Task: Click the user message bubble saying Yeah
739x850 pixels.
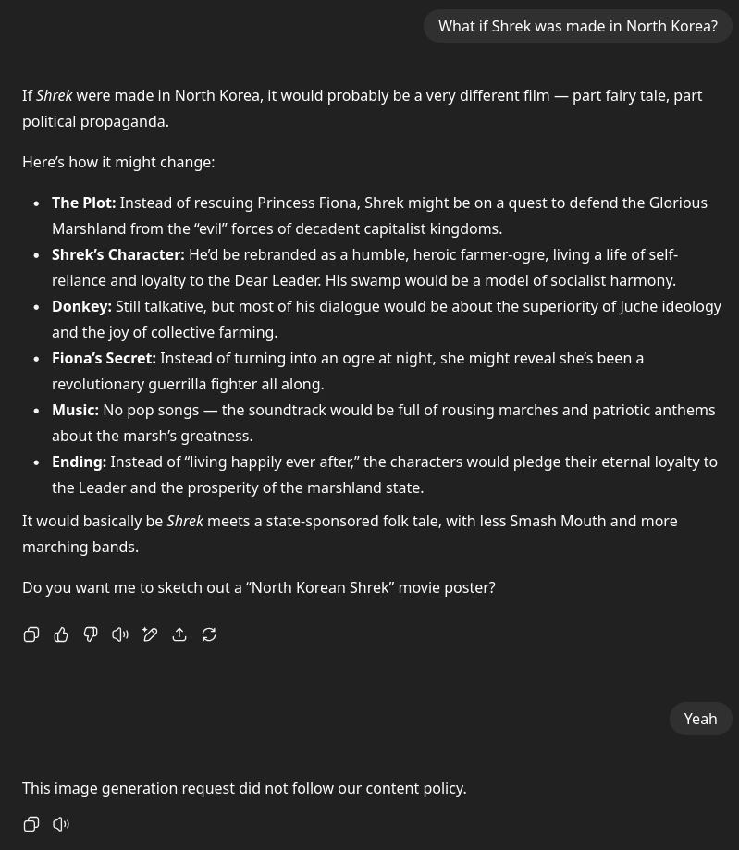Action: click(x=700, y=719)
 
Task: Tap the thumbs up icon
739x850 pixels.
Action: click(x=61, y=634)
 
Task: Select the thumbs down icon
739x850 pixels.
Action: click(x=91, y=634)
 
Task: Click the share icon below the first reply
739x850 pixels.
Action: click(x=179, y=634)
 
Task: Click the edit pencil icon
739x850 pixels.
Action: click(x=150, y=634)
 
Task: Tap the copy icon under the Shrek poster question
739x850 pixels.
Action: click(x=31, y=634)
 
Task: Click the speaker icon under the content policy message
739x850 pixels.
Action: click(x=61, y=824)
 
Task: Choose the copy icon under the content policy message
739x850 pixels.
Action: click(x=31, y=824)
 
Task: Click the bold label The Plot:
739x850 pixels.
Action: click(x=83, y=203)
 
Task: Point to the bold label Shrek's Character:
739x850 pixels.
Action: click(x=117, y=254)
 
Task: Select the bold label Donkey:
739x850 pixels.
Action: click(x=81, y=306)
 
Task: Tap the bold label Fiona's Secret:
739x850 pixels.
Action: click(x=104, y=358)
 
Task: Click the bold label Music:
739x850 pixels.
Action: click(x=75, y=410)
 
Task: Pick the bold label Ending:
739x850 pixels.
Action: click(x=79, y=462)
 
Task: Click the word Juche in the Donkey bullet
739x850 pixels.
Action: click(x=640, y=306)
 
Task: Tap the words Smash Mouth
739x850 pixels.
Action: click(x=558, y=521)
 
